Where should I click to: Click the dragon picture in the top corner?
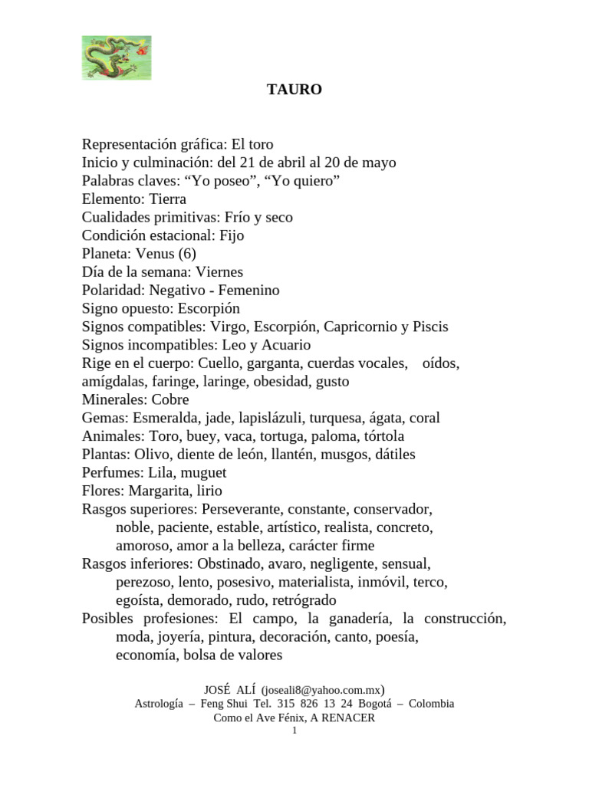117,57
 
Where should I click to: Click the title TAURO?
294,90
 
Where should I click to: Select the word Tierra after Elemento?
168,199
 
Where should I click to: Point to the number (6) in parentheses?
189,254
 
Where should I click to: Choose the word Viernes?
219,272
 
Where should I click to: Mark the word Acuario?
285,345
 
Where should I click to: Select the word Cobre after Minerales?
170,399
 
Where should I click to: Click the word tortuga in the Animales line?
281,436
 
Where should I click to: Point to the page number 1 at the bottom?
294,731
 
